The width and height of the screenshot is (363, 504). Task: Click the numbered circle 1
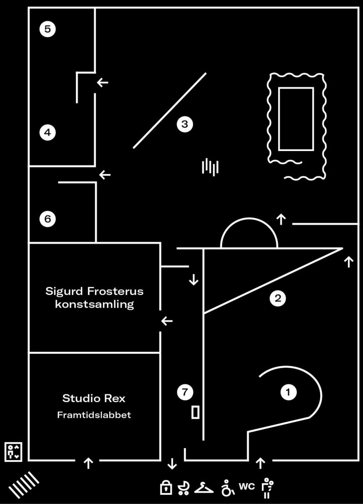point(288,392)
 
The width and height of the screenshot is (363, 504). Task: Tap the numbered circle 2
point(277,298)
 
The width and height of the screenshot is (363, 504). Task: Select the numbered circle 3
point(185,124)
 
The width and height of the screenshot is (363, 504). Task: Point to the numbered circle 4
point(48,133)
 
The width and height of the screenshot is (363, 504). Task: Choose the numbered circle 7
point(185,393)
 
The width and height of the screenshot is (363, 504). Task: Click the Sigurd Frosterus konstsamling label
point(94,297)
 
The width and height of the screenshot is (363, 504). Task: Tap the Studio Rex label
point(94,399)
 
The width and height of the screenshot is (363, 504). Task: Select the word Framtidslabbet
point(94,415)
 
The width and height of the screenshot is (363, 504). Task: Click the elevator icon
point(13,452)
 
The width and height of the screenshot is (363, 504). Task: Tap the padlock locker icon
point(166,488)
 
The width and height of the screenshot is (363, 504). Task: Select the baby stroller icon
point(184,487)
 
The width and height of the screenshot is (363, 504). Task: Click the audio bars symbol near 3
point(210,167)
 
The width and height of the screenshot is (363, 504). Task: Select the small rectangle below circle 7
point(196,412)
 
